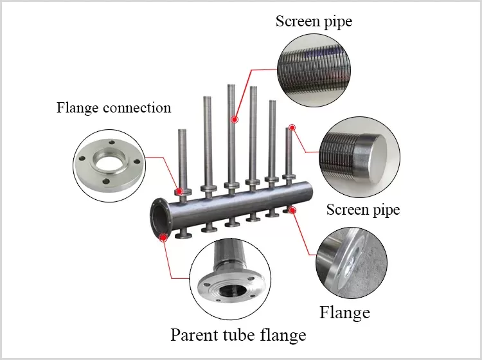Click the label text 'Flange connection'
click(114, 107)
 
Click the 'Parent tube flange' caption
click(238, 334)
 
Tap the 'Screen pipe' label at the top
click(314, 21)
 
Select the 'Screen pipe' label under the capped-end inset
click(363, 210)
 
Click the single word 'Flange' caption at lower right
click(344, 312)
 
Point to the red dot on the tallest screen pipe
click(235, 120)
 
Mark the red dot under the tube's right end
click(293, 210)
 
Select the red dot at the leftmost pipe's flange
click(180, 191)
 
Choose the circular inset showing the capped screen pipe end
click(360, 157)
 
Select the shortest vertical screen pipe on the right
click(288, 151)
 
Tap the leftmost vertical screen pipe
click(183, 154)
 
